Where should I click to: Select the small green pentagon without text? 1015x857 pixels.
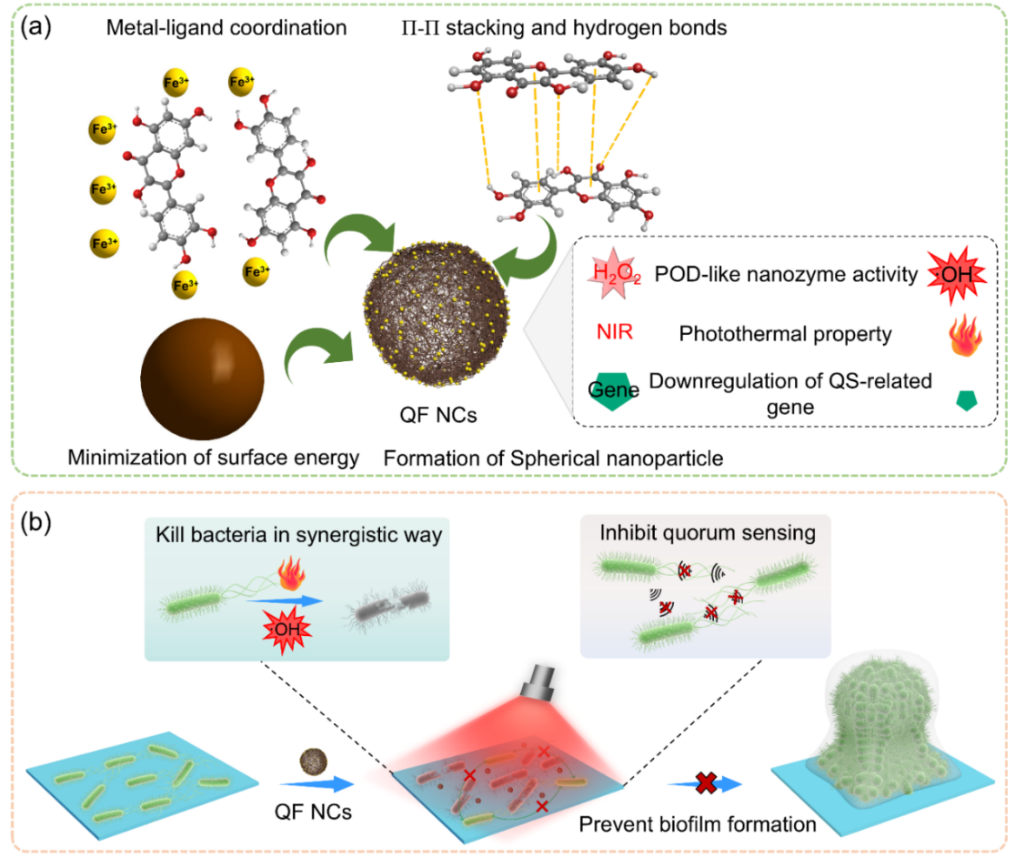(x=965, y=399)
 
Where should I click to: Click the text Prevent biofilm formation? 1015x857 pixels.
(x=699, y=825)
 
